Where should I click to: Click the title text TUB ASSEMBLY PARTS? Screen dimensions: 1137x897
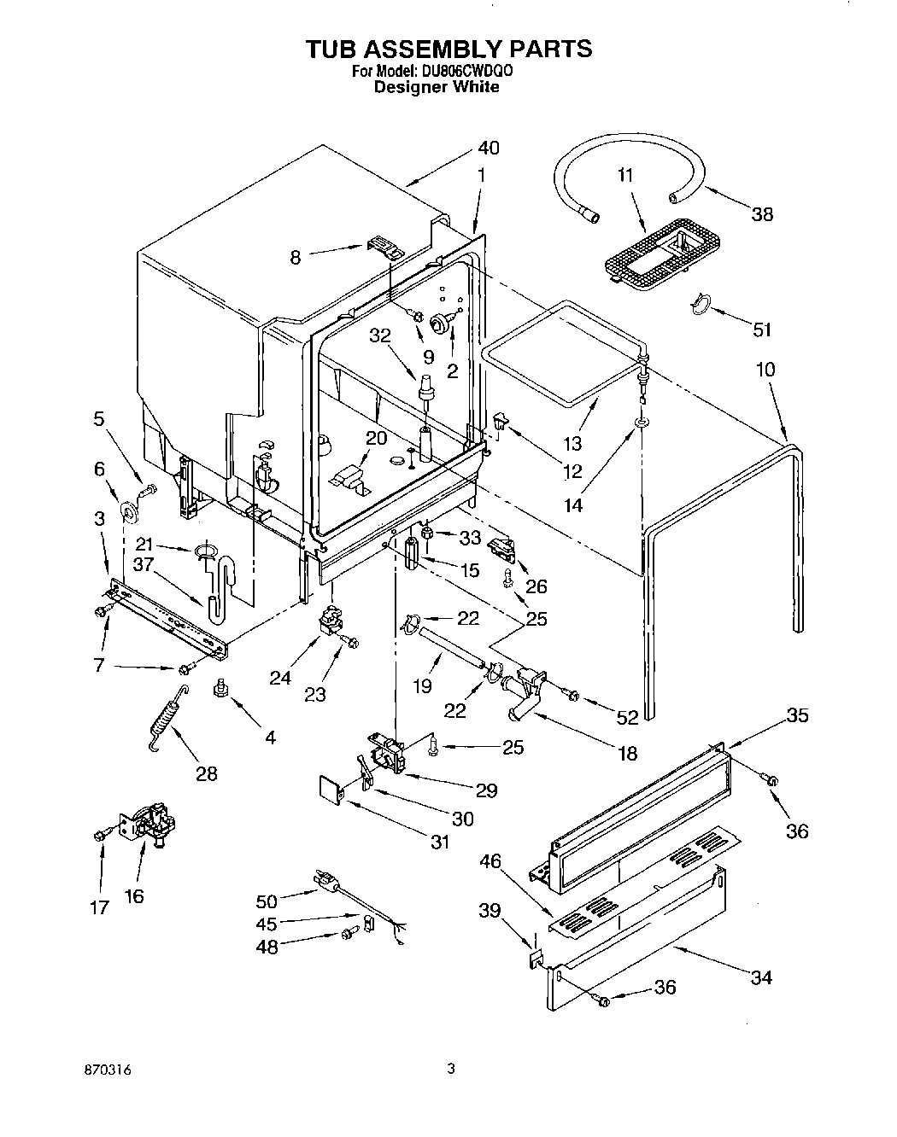448,49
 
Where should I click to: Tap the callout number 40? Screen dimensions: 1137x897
488,148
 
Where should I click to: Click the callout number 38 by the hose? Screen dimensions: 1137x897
761,214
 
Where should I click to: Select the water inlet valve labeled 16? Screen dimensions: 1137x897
151,826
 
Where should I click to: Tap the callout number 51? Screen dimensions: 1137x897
761,329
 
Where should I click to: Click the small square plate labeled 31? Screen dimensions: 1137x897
330,789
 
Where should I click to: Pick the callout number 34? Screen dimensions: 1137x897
759,977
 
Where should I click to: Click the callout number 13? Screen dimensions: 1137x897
572,443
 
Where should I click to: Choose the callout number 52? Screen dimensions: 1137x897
627,718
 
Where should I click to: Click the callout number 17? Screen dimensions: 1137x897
100,907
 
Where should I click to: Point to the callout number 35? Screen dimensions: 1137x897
796,715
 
